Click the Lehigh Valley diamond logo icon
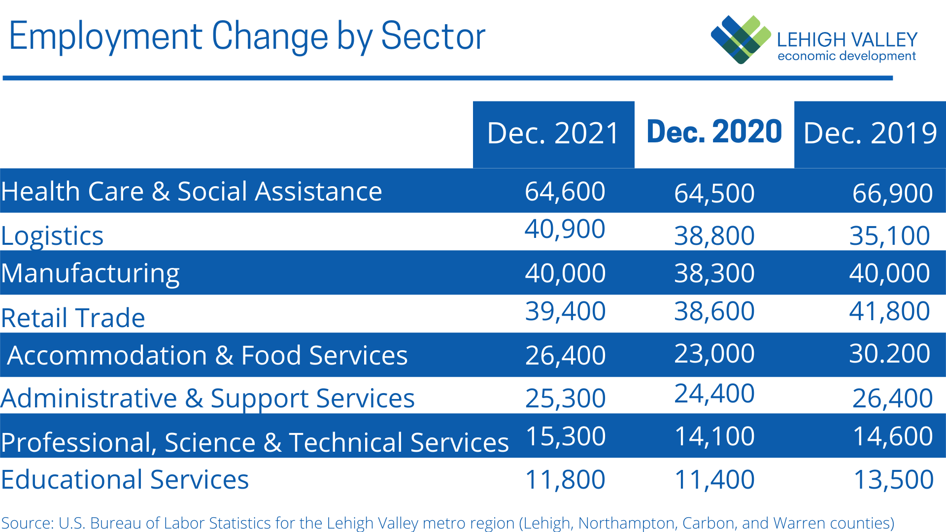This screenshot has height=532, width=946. [x=741, y=39]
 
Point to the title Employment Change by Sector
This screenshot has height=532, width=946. [x=247, y=36]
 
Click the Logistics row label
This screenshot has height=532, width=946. [x=52, y=236]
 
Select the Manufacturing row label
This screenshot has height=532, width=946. [x=90, y=273]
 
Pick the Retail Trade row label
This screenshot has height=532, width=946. [x=73, y=318]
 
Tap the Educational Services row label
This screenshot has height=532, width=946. [x=125, y=480]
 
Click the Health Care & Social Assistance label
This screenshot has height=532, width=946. [x=191, y=192]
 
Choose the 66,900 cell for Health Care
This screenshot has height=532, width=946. [x=892, y=193]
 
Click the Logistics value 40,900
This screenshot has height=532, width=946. [x=565, y=229]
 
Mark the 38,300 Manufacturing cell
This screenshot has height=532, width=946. [x=714, y=273]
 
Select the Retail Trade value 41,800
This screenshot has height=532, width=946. [x=889, y=311]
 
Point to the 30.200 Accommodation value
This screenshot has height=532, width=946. [x=889, y=354]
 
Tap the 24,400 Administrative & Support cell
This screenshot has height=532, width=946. [x=714, y=394]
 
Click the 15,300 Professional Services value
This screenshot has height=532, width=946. [x=566, y=436]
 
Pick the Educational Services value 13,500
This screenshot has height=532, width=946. [x=893, y=480]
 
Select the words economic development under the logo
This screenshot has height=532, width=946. [x=846, y=56]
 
